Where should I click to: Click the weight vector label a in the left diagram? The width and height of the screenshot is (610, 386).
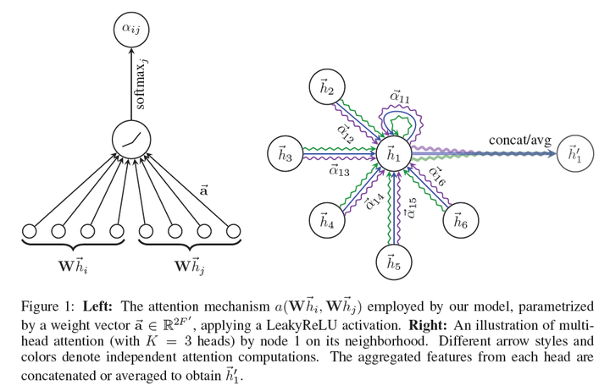202,190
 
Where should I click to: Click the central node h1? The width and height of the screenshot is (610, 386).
392,154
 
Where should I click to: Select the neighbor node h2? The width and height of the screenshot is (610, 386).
327,88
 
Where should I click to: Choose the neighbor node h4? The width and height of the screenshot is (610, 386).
326,221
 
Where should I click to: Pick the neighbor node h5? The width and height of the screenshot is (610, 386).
392,262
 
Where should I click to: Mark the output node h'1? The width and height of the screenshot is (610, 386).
574,154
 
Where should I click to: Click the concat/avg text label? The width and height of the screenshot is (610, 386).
514,140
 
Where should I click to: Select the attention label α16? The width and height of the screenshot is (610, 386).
438,175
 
